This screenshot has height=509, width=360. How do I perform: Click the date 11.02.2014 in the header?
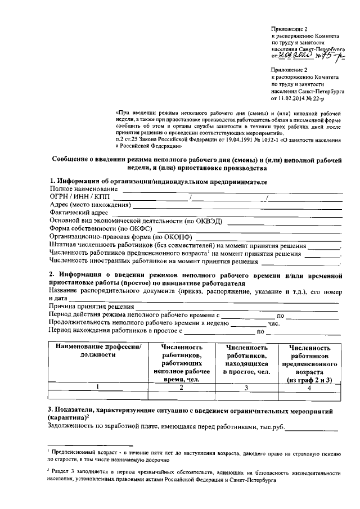point(291,98)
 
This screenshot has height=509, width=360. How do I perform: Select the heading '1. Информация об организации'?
point(157,181)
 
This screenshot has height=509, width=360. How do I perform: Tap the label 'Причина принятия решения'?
point(91,307)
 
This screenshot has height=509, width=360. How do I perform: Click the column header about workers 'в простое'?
point(247,360)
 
